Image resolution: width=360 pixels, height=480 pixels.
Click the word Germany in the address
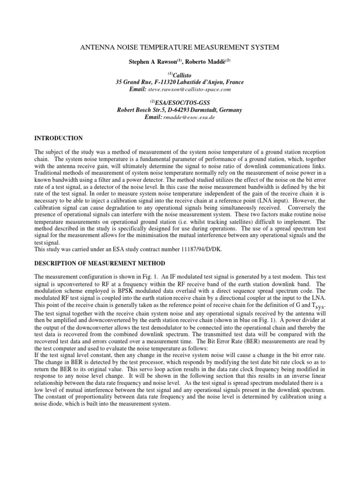tap(229, 110)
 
